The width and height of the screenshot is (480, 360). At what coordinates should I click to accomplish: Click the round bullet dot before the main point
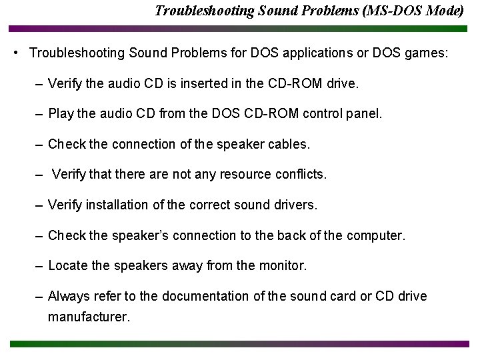click(x=15, y=52)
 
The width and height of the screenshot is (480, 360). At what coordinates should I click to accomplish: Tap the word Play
click(x=61, y=114)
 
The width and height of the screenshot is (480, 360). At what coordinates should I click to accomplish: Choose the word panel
click(x=365, y=114)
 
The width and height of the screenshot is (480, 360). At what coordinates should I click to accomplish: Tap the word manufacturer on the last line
click(x=89, y=317)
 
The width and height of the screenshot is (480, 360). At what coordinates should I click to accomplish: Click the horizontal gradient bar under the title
click(x=239, y=29)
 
